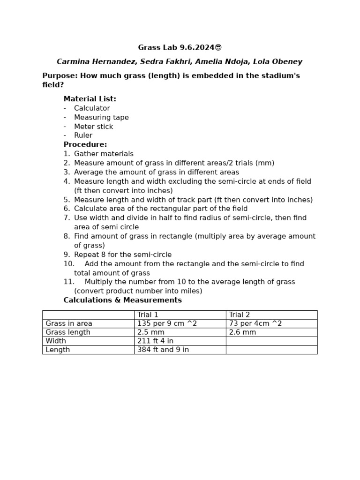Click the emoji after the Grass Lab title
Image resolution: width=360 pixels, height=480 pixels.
(218, 47)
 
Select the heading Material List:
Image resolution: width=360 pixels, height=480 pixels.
(90, 99)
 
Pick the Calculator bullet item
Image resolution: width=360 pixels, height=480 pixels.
(92, 108)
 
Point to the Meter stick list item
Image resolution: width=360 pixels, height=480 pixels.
(93, 127)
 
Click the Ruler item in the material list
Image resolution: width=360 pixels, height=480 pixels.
(83, 135)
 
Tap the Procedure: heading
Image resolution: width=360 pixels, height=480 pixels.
(85, 144)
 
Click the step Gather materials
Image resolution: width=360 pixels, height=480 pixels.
(104, 154)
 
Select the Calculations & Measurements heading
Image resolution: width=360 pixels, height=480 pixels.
(122, 300)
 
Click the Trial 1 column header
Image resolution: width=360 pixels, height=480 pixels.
(148, 315)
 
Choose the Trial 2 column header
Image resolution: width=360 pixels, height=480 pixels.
(240, 315)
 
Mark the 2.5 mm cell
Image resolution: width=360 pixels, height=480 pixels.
(150, 332)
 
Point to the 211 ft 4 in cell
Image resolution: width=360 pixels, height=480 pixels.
(155, 341)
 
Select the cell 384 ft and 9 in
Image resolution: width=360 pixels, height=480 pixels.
(163, 350)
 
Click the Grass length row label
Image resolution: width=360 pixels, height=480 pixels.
(67, 332)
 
